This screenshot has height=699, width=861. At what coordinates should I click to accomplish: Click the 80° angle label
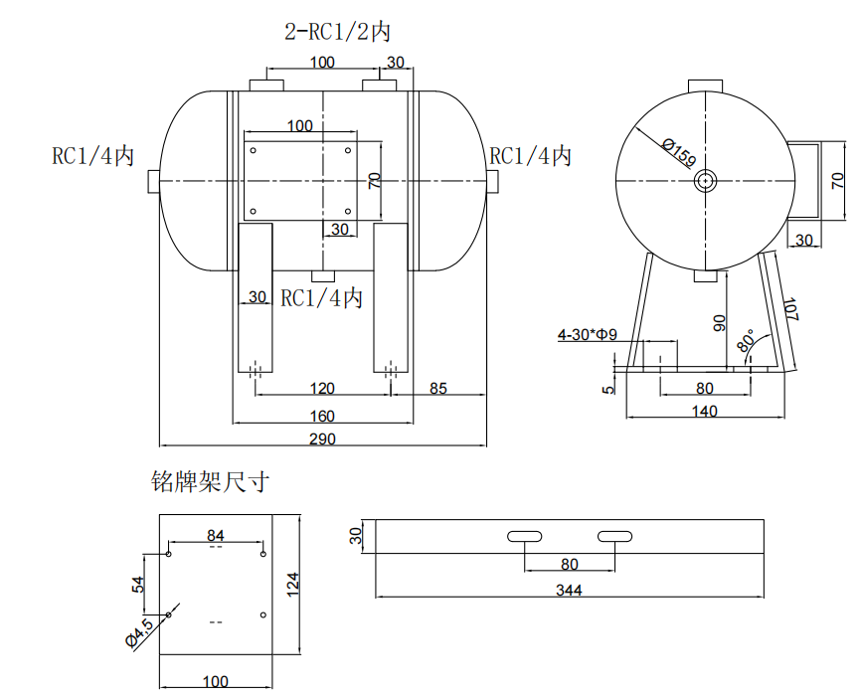tap(746, 341)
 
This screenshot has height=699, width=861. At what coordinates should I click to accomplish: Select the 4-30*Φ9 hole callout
tap(588, 335)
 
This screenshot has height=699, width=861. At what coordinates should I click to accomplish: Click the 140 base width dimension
tap(704, 411)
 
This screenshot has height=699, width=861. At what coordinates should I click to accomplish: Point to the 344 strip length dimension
tap(569, 590)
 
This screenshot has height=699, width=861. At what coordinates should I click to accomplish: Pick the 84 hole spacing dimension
tap(216, 536)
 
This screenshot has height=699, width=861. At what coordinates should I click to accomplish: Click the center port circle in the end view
tap(706, 181)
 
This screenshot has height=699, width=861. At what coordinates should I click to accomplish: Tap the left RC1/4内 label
tap(92, 156)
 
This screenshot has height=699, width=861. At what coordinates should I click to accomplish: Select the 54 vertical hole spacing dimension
tap(138, 584)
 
